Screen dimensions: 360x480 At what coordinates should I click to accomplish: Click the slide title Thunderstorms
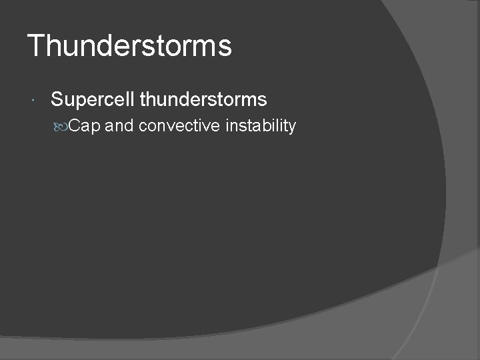[130, 46]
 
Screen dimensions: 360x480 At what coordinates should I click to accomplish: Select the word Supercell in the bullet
[93, 100]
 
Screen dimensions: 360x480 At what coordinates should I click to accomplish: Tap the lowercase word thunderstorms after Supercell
[203, 100]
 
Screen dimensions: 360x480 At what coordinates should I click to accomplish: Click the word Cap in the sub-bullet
[85, 125]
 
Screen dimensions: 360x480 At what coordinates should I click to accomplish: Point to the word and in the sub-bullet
[119, 125]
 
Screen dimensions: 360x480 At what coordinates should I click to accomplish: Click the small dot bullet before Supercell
[33, 101]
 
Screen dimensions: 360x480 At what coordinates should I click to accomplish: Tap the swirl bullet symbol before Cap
[62, 126]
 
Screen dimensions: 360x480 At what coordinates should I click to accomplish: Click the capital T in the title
[36, 46]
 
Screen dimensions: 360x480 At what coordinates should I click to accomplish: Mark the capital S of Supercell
[57, 100]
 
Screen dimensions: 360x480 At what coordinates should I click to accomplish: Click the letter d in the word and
[129, 125]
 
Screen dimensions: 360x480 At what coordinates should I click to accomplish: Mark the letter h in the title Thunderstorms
[53, 46]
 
